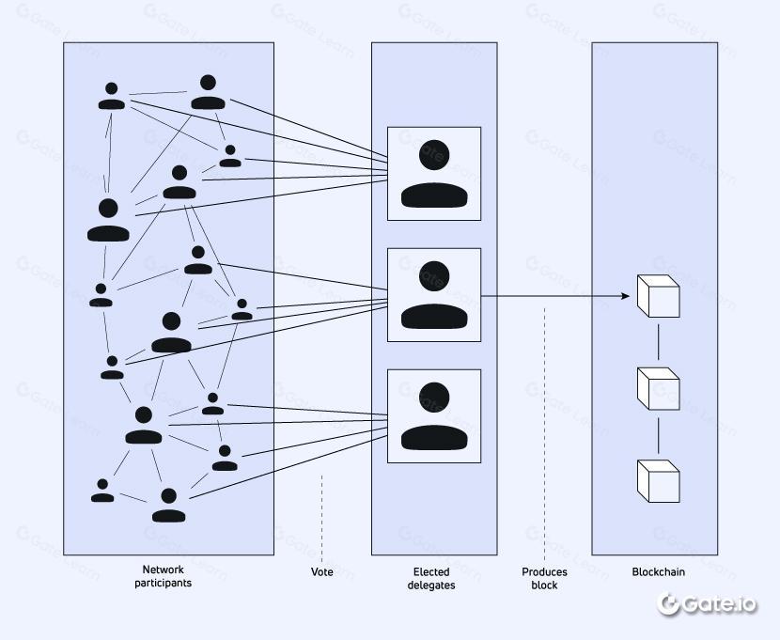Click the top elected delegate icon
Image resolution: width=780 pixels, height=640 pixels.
434,174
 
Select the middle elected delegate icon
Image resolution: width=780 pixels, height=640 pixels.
434,295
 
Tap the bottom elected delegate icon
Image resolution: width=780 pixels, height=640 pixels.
434,416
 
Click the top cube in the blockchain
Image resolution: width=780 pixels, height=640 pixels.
658,295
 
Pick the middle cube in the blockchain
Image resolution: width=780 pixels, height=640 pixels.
658,388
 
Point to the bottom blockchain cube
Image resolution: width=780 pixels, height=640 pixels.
658,480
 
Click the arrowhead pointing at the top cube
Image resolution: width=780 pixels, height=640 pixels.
625,297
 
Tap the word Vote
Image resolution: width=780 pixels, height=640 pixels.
322,571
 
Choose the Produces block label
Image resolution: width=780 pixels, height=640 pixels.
544,578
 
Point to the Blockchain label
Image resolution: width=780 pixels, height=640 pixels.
658,571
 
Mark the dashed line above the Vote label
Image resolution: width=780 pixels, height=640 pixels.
322,517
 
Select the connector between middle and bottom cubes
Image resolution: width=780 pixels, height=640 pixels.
658,434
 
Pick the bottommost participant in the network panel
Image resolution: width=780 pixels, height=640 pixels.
169,505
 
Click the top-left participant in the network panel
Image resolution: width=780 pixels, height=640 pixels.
112,96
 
